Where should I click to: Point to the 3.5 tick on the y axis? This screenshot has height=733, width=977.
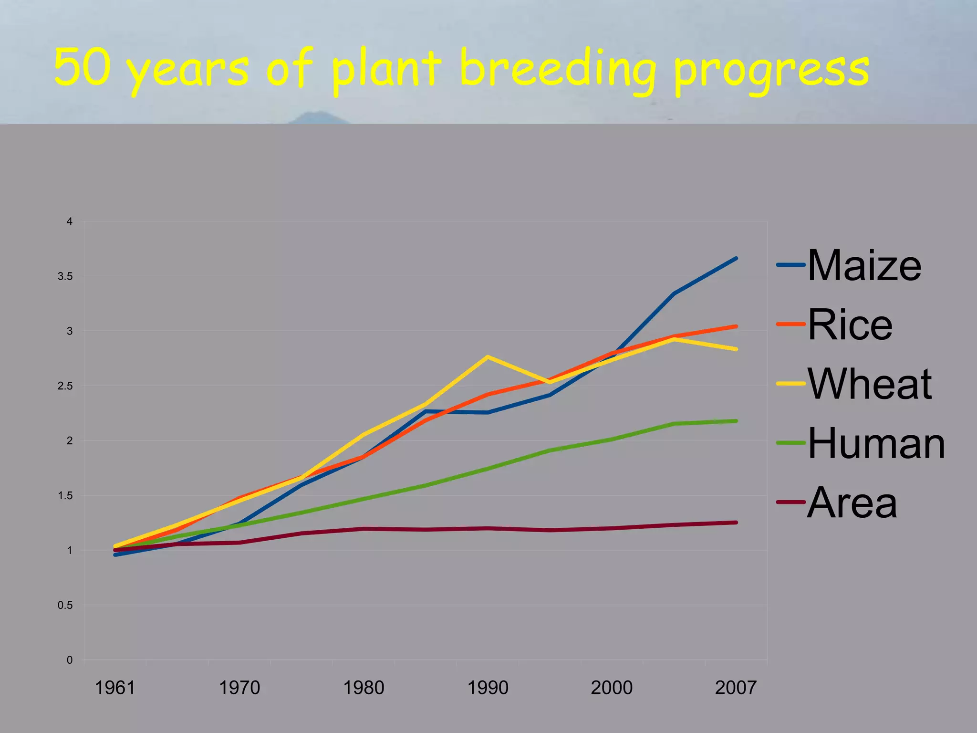click(65, 276)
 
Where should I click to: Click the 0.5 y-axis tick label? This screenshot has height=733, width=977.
click(65, 605)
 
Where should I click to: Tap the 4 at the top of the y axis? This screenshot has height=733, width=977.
click(70, 221)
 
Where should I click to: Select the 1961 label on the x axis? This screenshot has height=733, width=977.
click(115, 688)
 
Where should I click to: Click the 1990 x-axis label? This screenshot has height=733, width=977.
click(488, 688)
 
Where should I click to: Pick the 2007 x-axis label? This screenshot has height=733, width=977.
click(736, 688)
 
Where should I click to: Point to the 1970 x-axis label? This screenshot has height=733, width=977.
click(239, 688)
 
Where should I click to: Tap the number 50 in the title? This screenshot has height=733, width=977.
click(82, 67)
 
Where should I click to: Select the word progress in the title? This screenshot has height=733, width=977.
click(772, 72)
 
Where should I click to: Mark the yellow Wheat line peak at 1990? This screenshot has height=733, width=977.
click(487, 356)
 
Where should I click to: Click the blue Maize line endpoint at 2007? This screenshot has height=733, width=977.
click(736, 258)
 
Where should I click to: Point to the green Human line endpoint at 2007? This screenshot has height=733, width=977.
click(736, 421)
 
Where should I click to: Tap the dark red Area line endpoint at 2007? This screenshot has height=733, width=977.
click(736, 523)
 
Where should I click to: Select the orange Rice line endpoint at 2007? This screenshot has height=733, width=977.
click(736, 326)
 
